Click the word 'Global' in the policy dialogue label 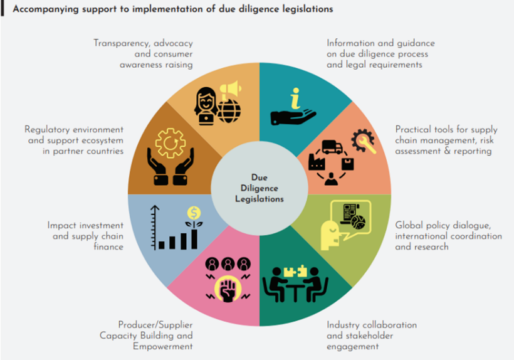[409, 225]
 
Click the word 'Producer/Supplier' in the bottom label [155, 325]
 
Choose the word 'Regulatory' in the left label [50, 130]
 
